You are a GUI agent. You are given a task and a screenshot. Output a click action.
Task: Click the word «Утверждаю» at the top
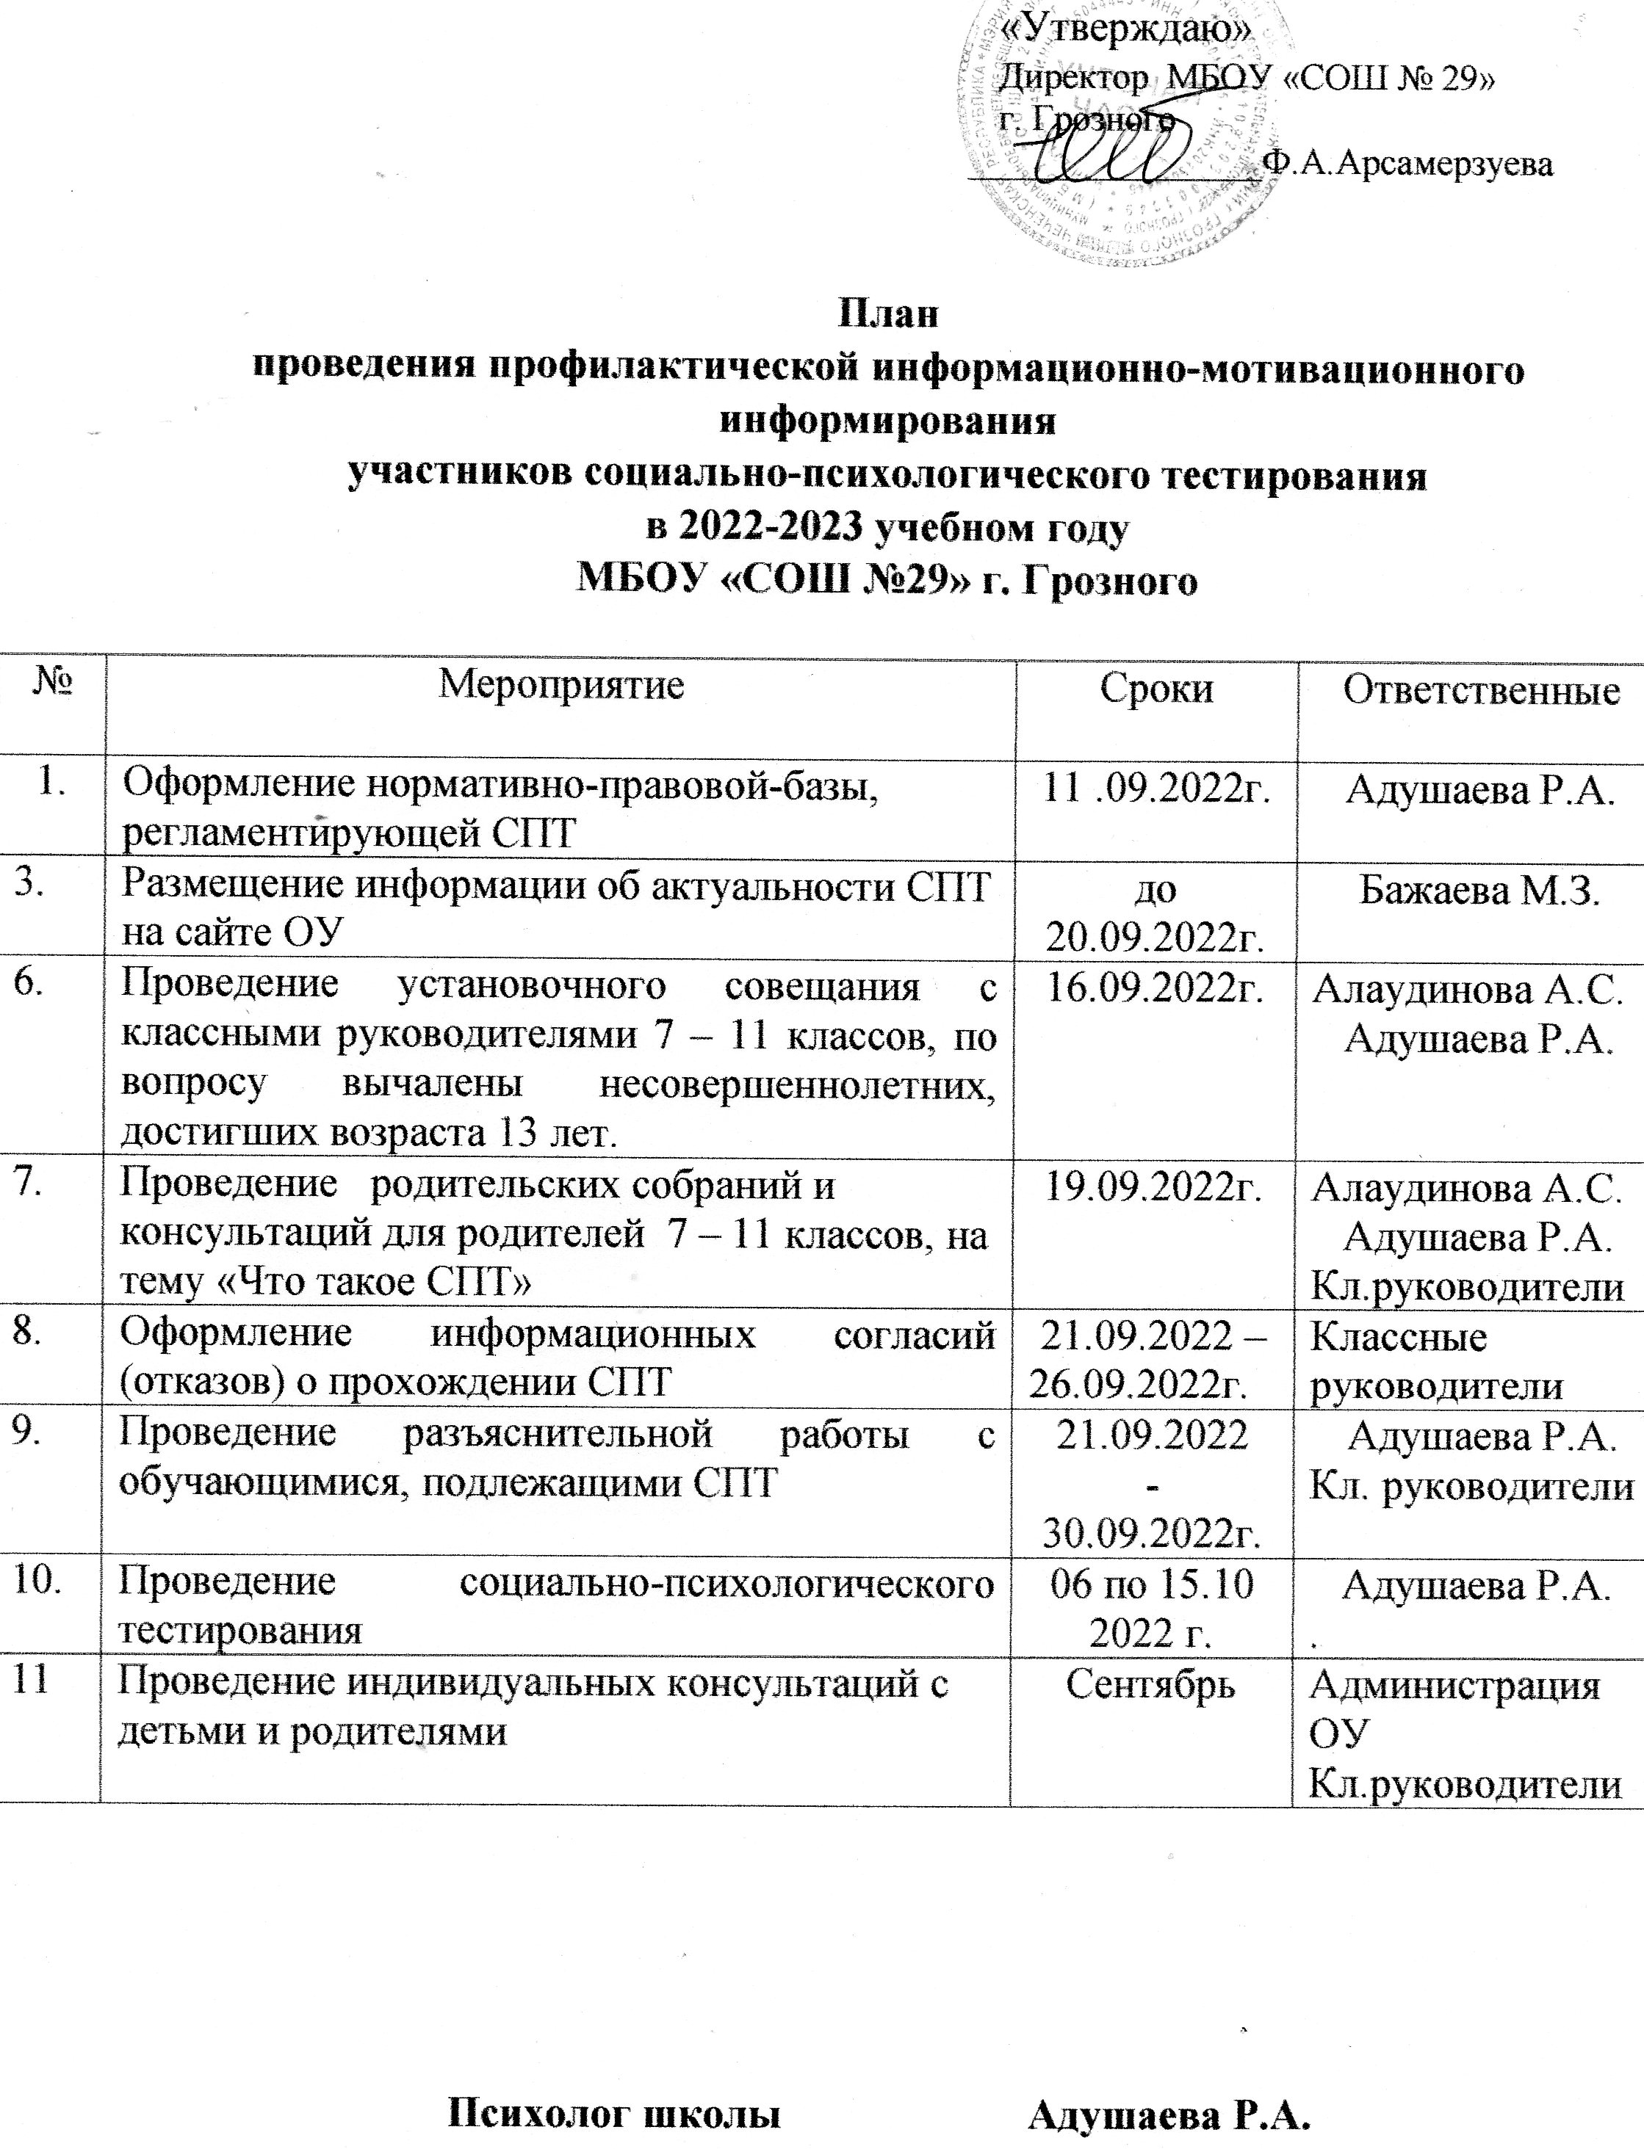coord(1126,32)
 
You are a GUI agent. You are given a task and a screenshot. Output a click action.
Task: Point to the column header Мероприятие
coord(560,686)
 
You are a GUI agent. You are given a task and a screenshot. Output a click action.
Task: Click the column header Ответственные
coord(1481,691)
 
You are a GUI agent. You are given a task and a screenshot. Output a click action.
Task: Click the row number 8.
coord(26,1336)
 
